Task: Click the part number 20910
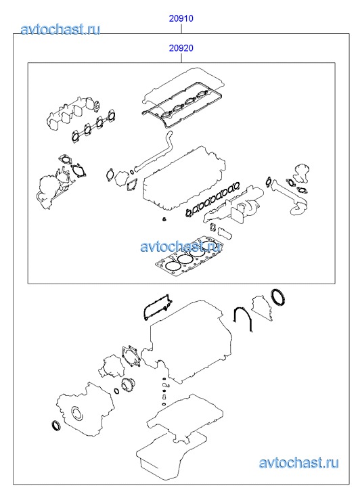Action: (x=181, y=18)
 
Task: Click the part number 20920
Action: (x=181, y=48)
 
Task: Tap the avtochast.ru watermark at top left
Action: (x=61, y=29)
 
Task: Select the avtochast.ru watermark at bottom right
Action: (x=298, y=462)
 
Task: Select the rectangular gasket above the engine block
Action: (x=156, y=307)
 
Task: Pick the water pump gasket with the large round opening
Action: (x=131, y=356)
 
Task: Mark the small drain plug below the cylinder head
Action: (x=164, y=220)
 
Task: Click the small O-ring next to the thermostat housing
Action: (x=116, y=391)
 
